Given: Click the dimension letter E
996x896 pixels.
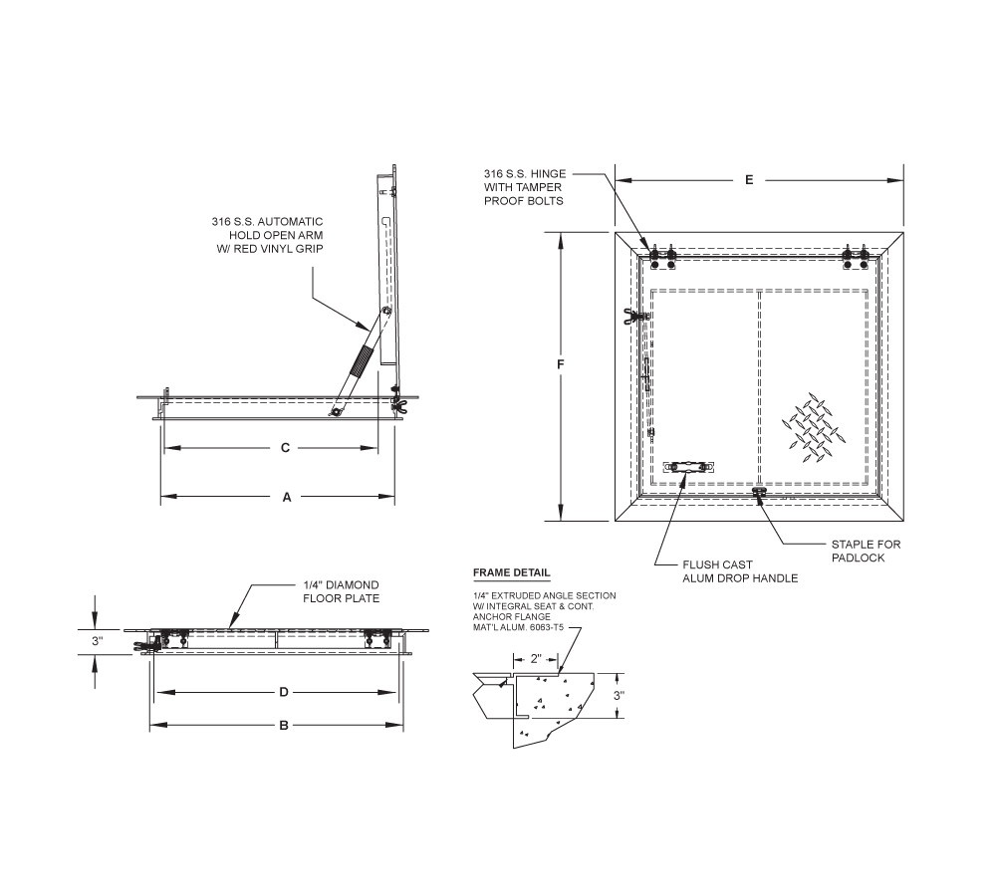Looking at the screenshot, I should tap(749, 180).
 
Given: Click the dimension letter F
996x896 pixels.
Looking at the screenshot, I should tap(562, 366).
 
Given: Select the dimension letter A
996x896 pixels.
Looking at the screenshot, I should tap(286, 497).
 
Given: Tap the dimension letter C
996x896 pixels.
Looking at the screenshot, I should tap(284, 448).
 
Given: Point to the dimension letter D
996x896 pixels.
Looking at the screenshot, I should tap(283, 691).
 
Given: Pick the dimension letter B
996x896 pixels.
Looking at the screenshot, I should tap(283, 726).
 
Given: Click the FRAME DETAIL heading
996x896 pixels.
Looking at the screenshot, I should tap(511, 573).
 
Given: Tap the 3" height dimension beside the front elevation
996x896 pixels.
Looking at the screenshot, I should tap(97, 642).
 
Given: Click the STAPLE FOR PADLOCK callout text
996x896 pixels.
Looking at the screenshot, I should tap(858, 552).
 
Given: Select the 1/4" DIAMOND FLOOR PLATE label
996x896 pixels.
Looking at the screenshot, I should tap(342, 591).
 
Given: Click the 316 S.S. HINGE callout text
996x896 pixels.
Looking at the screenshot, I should tap(524, 187).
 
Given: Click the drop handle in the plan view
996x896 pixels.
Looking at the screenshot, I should tap(689, 467).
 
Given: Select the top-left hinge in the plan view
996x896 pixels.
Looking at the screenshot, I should tap(662, 257).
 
